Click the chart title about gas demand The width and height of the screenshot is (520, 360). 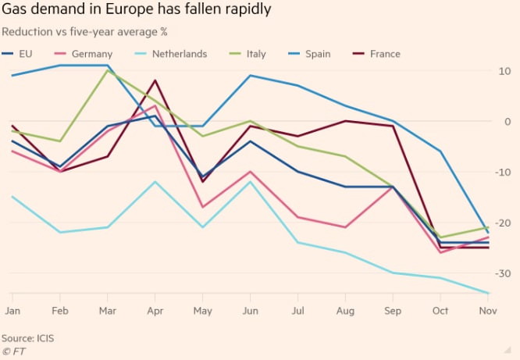137,12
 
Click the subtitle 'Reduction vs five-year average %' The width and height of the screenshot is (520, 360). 85,32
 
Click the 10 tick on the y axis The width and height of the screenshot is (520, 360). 504,71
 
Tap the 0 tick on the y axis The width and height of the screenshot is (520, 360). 507,122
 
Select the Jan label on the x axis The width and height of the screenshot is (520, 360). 12,310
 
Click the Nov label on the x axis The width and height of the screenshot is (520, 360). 487,310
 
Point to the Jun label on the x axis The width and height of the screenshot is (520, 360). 250,310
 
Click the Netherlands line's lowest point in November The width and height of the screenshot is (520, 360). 488,294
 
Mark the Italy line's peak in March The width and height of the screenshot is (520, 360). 107,70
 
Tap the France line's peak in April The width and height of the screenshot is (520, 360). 155,80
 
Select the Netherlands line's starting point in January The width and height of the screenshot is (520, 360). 12,197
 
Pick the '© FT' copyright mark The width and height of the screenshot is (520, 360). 15,351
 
